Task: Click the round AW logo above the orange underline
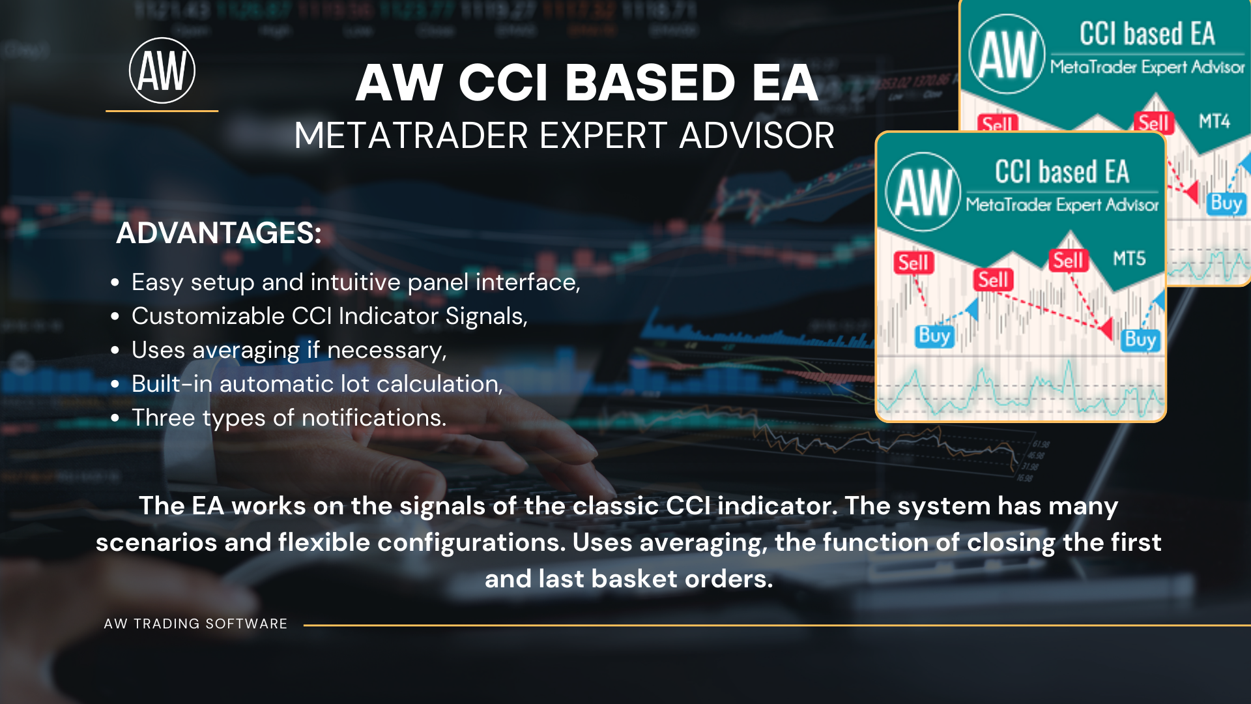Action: pyautogui.click(x=162, y=70)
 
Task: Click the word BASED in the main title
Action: pyautogui.click(x=650, y=83)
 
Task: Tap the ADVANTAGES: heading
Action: pyautogui.click(x=219, y=233)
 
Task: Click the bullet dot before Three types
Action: pyautogui.click(x=115, y=418)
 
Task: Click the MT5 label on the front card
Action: pyautogui.click(x=1129, y=259)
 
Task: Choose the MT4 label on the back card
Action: pyautogui.click(x=1215, y=121)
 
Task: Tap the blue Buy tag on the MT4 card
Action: pyautogui.click(x=1226, y=203)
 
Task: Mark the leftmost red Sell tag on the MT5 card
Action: pyautogui.click(x=913, y=263)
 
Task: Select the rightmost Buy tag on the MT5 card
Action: pyautogui.click(x=1140, y=340)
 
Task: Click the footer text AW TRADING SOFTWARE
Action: pyautogui.click(x=195, y=624)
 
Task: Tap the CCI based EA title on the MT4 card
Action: pyautogui.click(x=1147, y=34)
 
